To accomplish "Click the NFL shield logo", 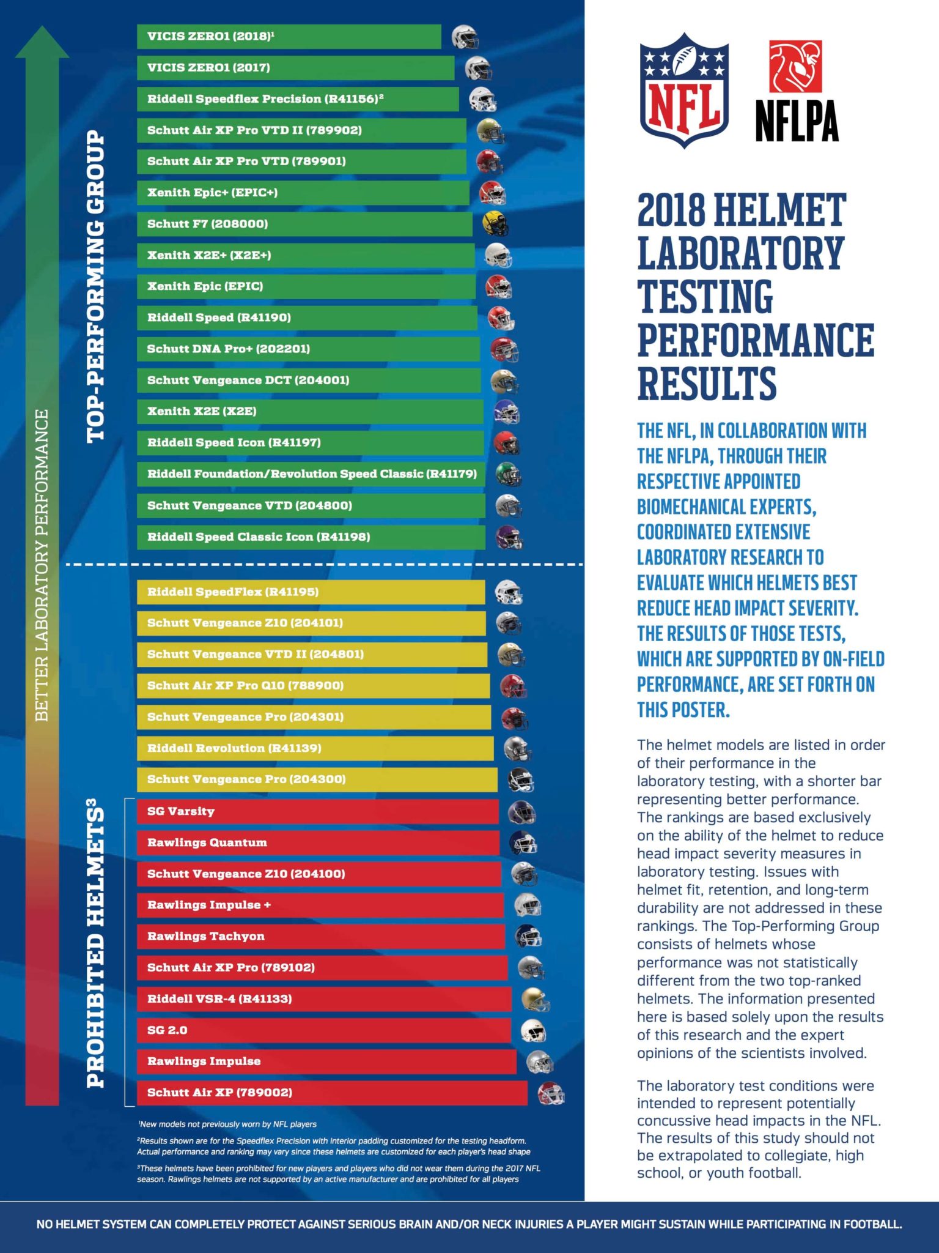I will pyautogui.click(x=684, y=90).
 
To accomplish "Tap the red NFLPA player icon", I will pyautogui.click(x=795, y=66).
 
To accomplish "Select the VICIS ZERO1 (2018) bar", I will pyautogui.click(x=289, y=37).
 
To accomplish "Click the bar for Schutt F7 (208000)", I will pyautogui.click(x=304, y=224).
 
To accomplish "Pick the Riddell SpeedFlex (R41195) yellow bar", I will pyautogui.click(x=311, y=592).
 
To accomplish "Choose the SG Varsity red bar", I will pyautogui.click(x=317, y=811).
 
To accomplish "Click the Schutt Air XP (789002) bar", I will pyautogui.click(x=331, y=1093).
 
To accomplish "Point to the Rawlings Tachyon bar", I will pyautogui.click(x=320, y=936).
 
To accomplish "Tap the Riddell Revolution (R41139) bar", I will pyautogui.click(x=315, y=748).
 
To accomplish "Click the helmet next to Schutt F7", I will pyautogui.click(x=495, y=224).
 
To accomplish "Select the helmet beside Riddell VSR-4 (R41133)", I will pyautogui.click(x=535, y=999).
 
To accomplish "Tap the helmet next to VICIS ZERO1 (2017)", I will pyautogui.click(x=478, y=68).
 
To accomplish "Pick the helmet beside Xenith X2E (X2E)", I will pyautogui.click(x=506, y=412).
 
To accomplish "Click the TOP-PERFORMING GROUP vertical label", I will pyautogui.click(x=96, y=286).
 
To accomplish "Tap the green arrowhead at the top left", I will pyautogui.click(x=42, y=43).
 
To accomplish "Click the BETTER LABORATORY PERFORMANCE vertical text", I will pyautogui.click(x=42, y=565).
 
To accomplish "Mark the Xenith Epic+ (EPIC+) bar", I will pyautogui.click(x=303, y=193).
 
